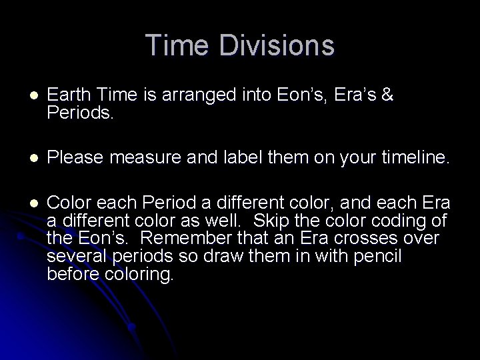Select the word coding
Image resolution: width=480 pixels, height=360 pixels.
click(419, 221)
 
